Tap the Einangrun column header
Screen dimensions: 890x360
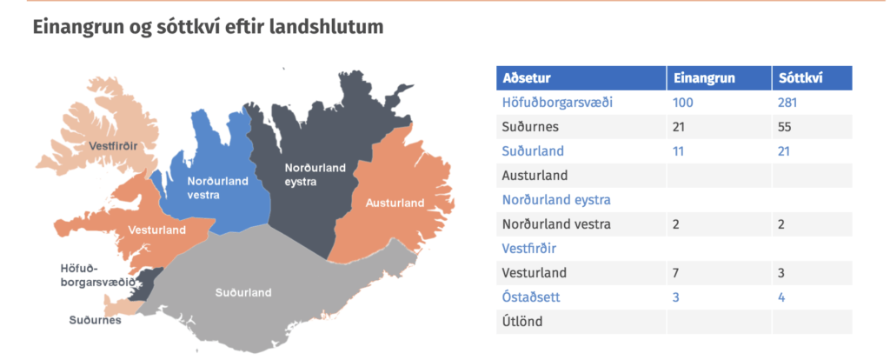coord(704,78)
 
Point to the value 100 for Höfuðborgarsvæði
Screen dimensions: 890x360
coord(683,103)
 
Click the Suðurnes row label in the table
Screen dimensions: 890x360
coord(530,127)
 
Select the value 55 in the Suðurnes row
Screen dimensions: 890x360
coord(785,127)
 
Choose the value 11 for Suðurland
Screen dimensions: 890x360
coord(678,151)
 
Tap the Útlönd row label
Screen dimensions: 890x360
coord(522,322)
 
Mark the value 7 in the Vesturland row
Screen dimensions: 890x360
coord(676,272)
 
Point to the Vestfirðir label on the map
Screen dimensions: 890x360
coord(114,146)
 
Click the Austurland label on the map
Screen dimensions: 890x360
coord(395,203)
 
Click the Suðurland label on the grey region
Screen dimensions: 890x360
coord(243,293)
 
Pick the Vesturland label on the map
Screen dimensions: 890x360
coord(157,230)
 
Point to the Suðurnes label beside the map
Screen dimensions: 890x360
coord(96,320)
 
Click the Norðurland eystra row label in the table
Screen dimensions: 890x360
coord(556,200)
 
